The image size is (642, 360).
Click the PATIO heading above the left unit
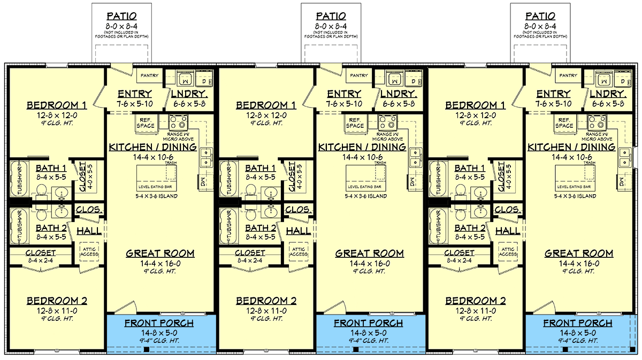click(121, 17)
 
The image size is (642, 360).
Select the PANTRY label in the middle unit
click(359, 75)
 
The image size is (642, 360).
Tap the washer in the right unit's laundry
click(604, 78)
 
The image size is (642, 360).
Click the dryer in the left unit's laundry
click(204, 79)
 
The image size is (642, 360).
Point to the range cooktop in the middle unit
click(387, 122)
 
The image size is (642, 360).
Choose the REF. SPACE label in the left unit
click(146, 123)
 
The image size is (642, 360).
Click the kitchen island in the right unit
click(574, 178)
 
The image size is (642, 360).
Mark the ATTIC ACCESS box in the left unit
click(89, 252)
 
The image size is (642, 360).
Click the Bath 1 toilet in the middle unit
click(251, 192)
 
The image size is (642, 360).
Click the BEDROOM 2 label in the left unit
click(57, 301)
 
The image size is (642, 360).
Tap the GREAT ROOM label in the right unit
click(579, 254)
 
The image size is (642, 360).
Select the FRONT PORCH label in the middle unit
click(368, 323)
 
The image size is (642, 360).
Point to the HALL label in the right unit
click(508, 231)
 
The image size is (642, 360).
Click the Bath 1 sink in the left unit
click(62, 194)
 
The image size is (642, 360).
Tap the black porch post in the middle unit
click(356, 349)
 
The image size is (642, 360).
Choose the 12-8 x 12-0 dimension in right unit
click(476, 116)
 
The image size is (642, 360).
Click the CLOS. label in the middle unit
click(298, 210)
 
